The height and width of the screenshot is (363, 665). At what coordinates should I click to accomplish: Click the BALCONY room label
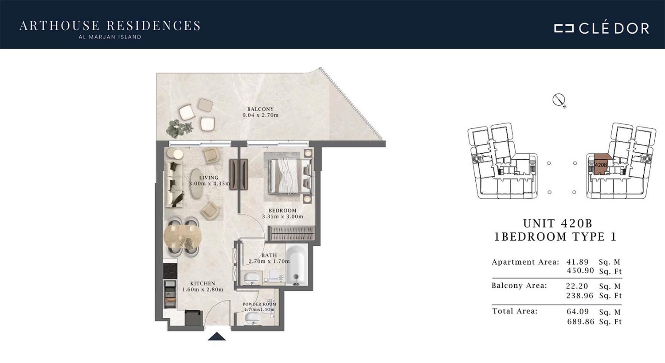260,109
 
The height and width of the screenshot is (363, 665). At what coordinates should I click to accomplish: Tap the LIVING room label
209,178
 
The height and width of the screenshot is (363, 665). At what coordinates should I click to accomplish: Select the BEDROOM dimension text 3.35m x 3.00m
282,216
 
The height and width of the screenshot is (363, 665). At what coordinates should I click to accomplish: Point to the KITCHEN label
203,283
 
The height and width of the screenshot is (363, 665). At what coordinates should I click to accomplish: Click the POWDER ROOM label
259,304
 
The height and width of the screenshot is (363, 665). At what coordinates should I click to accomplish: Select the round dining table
183,237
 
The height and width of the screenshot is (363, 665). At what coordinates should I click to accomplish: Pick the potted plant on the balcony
179,128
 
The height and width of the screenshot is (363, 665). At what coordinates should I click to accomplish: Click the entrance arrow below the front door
217,336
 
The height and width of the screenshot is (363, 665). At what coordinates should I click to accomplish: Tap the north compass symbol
559,100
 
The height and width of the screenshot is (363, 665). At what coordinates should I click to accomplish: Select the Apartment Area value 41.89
577,262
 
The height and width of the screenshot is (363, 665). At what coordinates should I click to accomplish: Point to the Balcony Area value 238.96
579,296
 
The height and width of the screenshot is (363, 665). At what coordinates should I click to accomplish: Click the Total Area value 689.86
581,322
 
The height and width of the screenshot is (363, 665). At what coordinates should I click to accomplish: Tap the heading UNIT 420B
558,223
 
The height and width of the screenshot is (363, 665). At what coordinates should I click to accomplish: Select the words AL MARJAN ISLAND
110,37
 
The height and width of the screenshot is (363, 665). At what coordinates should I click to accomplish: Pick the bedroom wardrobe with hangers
291,233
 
